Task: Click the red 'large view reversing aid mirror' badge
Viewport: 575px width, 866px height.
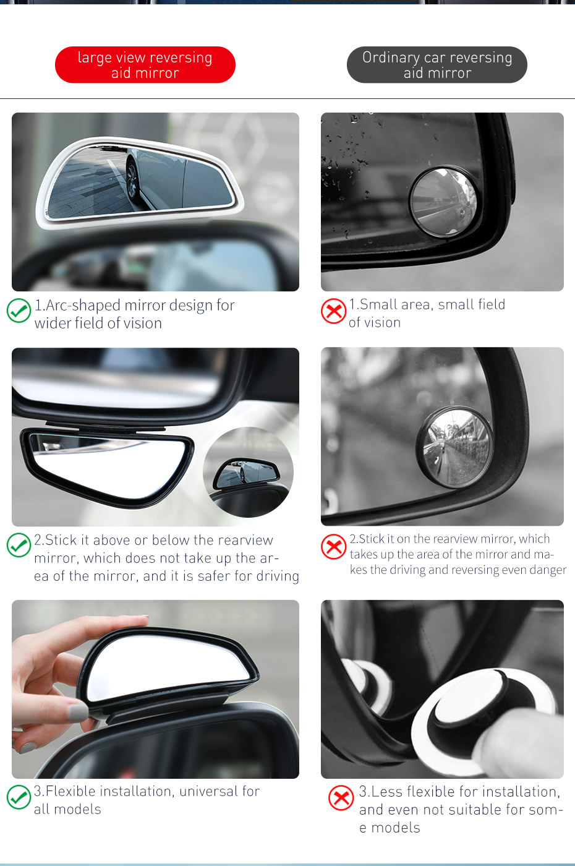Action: click(x=145, y=65)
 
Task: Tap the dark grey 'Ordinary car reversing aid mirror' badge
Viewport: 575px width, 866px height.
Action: click(x=437, y=65)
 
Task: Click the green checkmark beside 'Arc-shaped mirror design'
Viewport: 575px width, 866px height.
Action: click(x=19, y=311)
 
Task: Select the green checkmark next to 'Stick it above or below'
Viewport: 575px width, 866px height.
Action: click(x=19, y=545)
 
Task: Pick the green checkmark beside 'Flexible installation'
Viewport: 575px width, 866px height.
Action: click(x=19, y=797)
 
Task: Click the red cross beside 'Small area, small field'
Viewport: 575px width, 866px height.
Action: click(x=334, y=311)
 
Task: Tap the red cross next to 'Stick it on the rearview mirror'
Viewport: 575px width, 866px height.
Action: click(x=334, y=546)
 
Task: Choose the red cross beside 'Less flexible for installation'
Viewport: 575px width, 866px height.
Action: click(x=341, y=798)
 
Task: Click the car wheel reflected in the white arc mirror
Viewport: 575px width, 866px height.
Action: click(x=132, y=178)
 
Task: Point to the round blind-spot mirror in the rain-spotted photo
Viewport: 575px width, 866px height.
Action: click(x=443, y=202)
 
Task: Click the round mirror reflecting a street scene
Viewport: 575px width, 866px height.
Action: click(x=455, y=447)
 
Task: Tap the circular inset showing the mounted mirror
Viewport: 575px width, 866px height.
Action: click(x=248, y=472)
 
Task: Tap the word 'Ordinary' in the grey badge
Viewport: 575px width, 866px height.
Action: click(x=391, y=58)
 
